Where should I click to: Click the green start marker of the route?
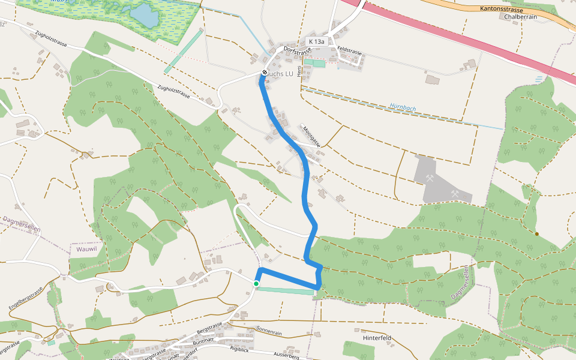(x=256, y=284)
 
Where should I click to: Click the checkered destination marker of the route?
(x=264, y=73)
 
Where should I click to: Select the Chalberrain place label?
(x=520, y=17)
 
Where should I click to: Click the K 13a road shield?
(x=316, y=41)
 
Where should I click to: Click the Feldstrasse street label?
(x=350, y=51)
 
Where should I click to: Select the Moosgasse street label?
(x=311, y=136)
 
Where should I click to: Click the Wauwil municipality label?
(x=87, y=248)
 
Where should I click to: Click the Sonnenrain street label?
(x=268, y=331)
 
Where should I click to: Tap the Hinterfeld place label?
(x=377, y=338)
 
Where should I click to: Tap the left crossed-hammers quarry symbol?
(x=430, y=178)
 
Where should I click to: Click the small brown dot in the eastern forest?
(x=536, y=233)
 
